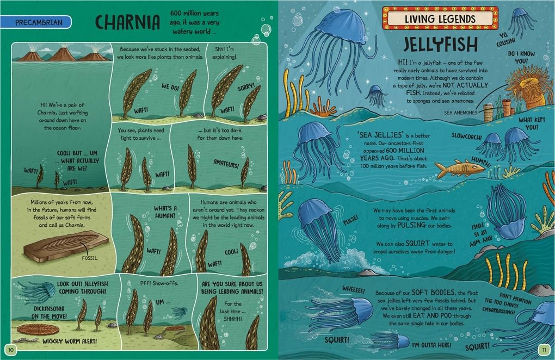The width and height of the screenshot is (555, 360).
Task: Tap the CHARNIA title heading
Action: point(127,22)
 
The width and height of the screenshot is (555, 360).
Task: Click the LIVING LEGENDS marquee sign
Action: point(440,18)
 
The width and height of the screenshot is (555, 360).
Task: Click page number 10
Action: point(11,350)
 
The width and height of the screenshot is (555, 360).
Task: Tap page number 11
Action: point(544,350)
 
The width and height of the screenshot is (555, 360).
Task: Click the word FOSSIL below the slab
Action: point(90,258)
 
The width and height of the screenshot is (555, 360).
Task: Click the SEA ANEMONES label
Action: point(460,113)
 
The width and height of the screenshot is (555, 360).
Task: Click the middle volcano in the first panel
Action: point(62,55)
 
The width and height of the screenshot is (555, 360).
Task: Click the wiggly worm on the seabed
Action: point(28,340)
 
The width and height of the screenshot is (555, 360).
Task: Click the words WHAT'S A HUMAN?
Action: point(165,212)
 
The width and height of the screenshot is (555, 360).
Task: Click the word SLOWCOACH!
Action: point(466,136)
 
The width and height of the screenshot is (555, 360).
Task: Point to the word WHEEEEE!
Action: point(353,290)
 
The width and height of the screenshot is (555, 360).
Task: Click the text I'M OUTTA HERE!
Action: point(432,345)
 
